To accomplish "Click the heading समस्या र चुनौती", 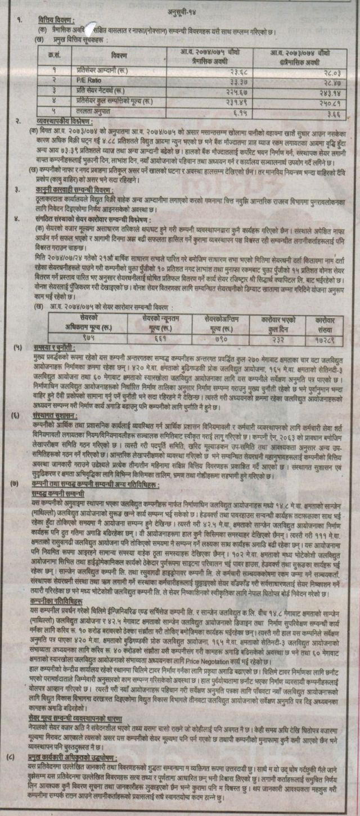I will pos(51,349).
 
